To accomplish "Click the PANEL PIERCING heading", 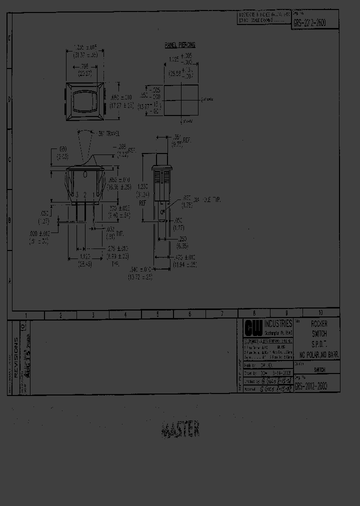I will (180, 45).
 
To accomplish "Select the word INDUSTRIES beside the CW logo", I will (278, 324).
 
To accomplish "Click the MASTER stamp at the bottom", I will (181, 429).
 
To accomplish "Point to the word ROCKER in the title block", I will (319, 324).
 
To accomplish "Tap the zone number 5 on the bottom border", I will (157, 315).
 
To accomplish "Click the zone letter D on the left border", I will (9, 99).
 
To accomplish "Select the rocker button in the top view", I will (85, 99).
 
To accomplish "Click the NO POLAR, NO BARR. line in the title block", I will (319, 354).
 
